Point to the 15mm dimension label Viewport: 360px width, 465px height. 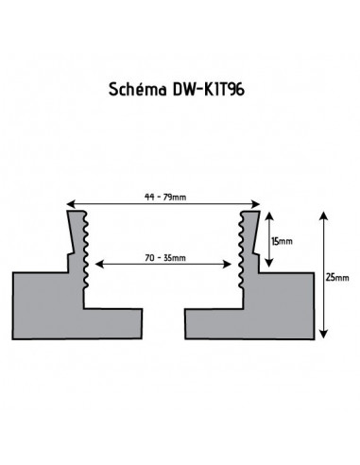pyautogui.click(x=281, y=240)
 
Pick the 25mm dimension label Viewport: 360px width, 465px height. pyautogui.click(x=335, y=276)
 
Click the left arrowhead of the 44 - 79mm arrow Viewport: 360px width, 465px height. pyautogui.click(x=69, y=205)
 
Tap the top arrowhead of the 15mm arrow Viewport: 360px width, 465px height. pyautogui.click(x=268, y=215)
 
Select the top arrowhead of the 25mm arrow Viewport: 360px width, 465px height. pyautogui.click(x=324, y=215)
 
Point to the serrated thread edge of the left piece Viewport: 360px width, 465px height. pyautogui.click(x=84, y=250)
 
